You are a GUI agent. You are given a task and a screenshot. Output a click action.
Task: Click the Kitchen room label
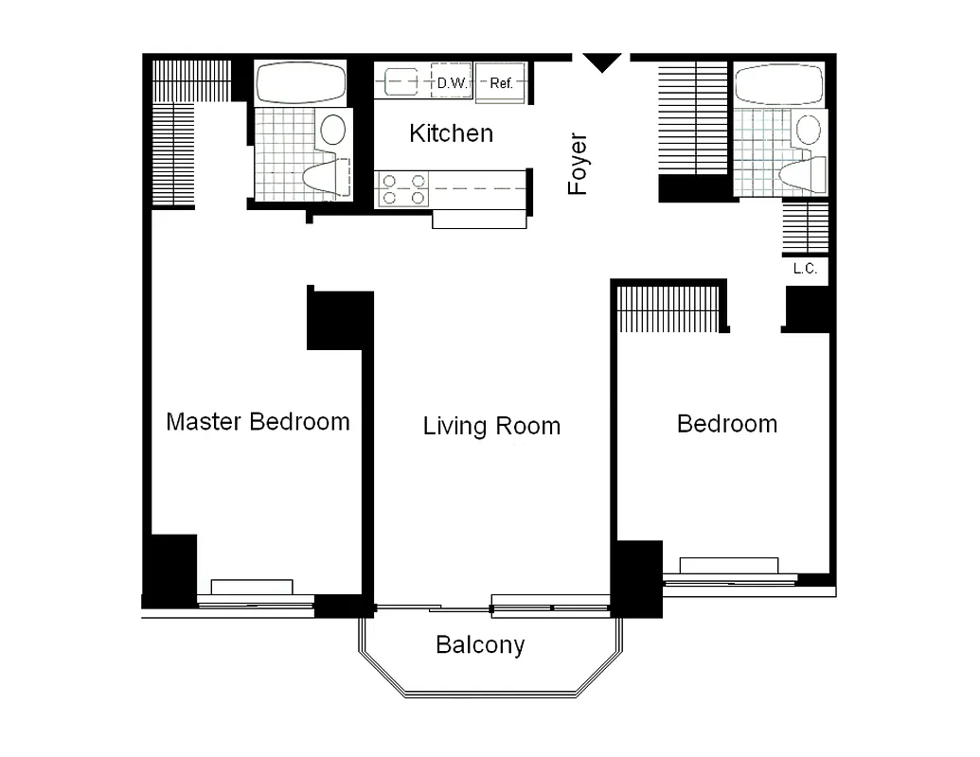click(451, 133)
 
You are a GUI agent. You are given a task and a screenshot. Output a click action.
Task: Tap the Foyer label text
click(578, 164)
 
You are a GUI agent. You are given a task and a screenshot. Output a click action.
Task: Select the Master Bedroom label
click(258, 421)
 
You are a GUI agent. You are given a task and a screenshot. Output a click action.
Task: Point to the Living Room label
click(491, 426)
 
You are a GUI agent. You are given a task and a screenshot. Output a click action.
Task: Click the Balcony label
click(480, 645)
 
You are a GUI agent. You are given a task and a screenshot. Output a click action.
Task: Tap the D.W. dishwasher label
click(451, 83)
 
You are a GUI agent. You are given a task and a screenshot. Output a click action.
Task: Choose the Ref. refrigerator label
click(501, 83)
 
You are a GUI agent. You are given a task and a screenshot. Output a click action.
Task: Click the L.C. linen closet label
click(805, 269)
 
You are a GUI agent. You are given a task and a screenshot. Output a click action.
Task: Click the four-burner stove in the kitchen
click(402, 189)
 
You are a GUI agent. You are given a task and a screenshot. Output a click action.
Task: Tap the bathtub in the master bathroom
click(300, 83)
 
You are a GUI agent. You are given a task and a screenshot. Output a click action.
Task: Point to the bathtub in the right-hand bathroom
click(779, 85)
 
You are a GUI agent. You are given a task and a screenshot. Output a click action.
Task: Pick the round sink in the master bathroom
click(332, 129)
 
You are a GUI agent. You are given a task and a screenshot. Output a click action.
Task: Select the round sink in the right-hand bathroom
click(810, 130)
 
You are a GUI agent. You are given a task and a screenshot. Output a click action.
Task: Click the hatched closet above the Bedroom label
click(669, 308)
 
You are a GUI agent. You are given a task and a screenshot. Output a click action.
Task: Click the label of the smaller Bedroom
click(726, 424)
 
